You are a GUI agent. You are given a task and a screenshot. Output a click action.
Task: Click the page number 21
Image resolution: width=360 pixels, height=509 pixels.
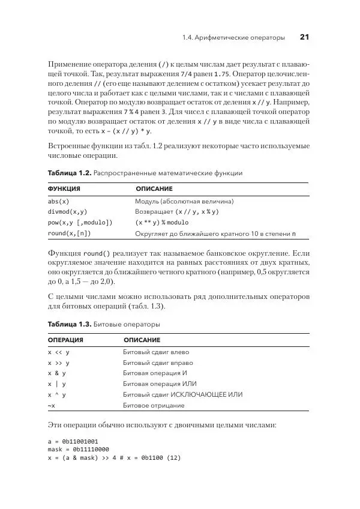pos(304,38)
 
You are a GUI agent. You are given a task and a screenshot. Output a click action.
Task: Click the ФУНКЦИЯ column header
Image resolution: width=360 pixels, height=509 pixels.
pos(64,188)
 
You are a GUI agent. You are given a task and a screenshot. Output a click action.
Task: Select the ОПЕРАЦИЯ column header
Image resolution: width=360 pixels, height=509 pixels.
pos(65,340)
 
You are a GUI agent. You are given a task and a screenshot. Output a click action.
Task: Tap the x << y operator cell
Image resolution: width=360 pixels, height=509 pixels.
pos(59,352)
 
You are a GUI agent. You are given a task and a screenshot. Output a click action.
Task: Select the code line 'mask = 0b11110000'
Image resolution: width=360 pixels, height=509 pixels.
pos(78,449)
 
